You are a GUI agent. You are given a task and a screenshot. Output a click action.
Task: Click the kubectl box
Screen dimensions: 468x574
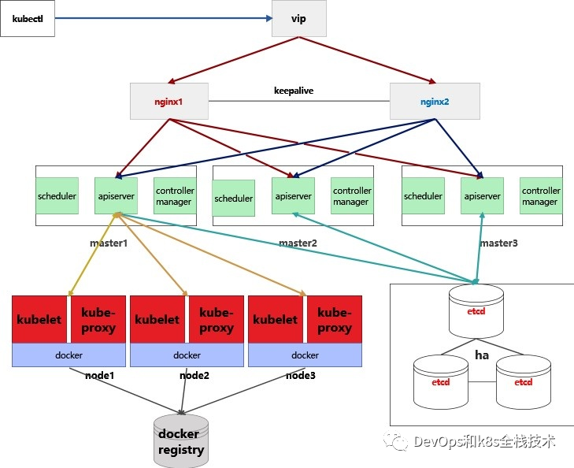28,17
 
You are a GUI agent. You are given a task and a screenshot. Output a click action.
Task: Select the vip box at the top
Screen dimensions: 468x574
298,17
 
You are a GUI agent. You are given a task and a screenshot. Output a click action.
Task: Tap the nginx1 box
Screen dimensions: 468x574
168,102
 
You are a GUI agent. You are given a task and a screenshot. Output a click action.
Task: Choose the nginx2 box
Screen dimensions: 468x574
435,102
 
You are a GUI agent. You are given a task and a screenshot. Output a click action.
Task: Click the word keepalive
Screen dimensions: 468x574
293,91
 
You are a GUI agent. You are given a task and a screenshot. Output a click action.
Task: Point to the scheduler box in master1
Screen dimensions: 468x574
57,195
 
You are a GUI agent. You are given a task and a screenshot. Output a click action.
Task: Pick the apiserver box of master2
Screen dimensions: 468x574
293,196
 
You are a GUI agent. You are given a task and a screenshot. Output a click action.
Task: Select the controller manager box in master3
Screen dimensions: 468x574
540,196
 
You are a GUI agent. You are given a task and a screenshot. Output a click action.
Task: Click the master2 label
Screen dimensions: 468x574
298,243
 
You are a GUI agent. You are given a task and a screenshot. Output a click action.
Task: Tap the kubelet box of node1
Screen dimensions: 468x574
40,320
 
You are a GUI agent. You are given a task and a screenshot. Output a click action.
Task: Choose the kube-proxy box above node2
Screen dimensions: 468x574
217,320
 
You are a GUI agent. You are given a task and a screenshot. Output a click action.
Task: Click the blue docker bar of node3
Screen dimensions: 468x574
305,355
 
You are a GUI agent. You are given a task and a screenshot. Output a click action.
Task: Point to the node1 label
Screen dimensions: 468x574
100,376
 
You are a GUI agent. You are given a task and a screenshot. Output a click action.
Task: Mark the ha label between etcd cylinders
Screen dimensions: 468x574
482,355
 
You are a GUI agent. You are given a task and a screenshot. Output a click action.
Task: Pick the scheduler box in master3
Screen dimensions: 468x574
424,196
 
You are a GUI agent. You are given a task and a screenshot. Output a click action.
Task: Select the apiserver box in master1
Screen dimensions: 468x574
117,195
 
